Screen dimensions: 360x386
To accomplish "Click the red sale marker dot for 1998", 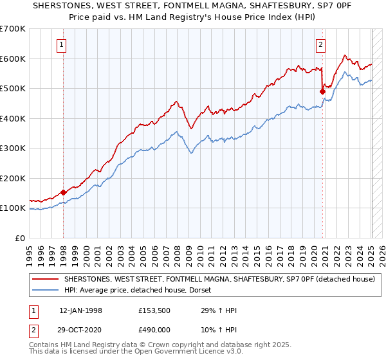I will pos(64,192).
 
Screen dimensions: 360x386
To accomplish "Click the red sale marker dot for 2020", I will pos(323,91).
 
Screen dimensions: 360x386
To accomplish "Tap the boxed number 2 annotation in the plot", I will pos(320,44).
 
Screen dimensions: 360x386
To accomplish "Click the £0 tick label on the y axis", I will pos(20,238).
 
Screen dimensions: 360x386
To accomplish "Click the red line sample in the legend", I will pos(45,279).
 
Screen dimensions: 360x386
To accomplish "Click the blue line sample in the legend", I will pos(45,290).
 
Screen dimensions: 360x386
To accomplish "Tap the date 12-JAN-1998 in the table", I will pos(81,310).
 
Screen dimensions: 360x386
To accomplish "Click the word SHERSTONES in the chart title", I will pos(46,5).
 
